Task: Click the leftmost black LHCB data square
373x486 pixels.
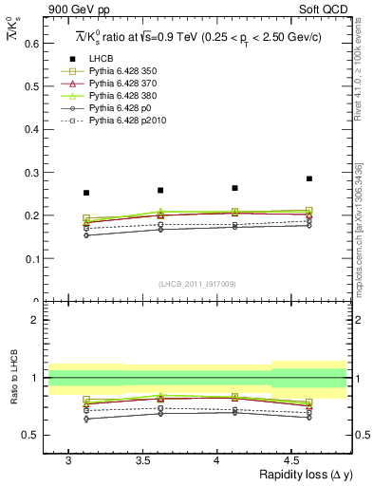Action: click(x=86, y=193)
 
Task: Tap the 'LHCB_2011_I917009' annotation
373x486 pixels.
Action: click(x=196, y=284)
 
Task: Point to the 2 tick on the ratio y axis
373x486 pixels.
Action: click(x=34, y=320)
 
